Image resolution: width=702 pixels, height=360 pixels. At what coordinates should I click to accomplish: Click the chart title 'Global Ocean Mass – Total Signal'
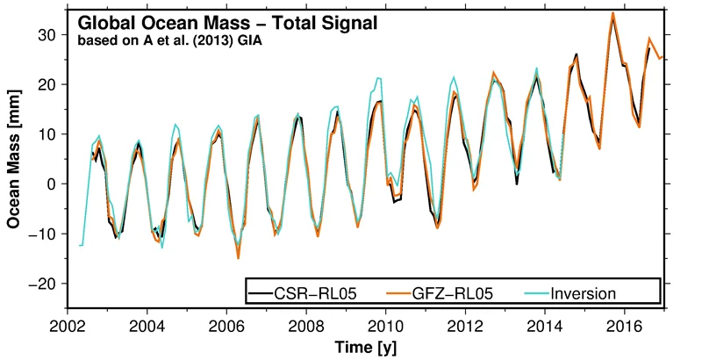(227, 25)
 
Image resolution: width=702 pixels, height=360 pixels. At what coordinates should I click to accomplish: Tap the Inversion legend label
(584, 292)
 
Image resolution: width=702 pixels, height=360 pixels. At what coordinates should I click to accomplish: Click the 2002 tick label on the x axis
(67, 326)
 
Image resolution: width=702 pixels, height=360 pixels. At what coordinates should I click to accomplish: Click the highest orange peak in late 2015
(612, 13)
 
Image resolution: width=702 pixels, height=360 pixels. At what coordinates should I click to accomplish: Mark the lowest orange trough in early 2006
(238, 257)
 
